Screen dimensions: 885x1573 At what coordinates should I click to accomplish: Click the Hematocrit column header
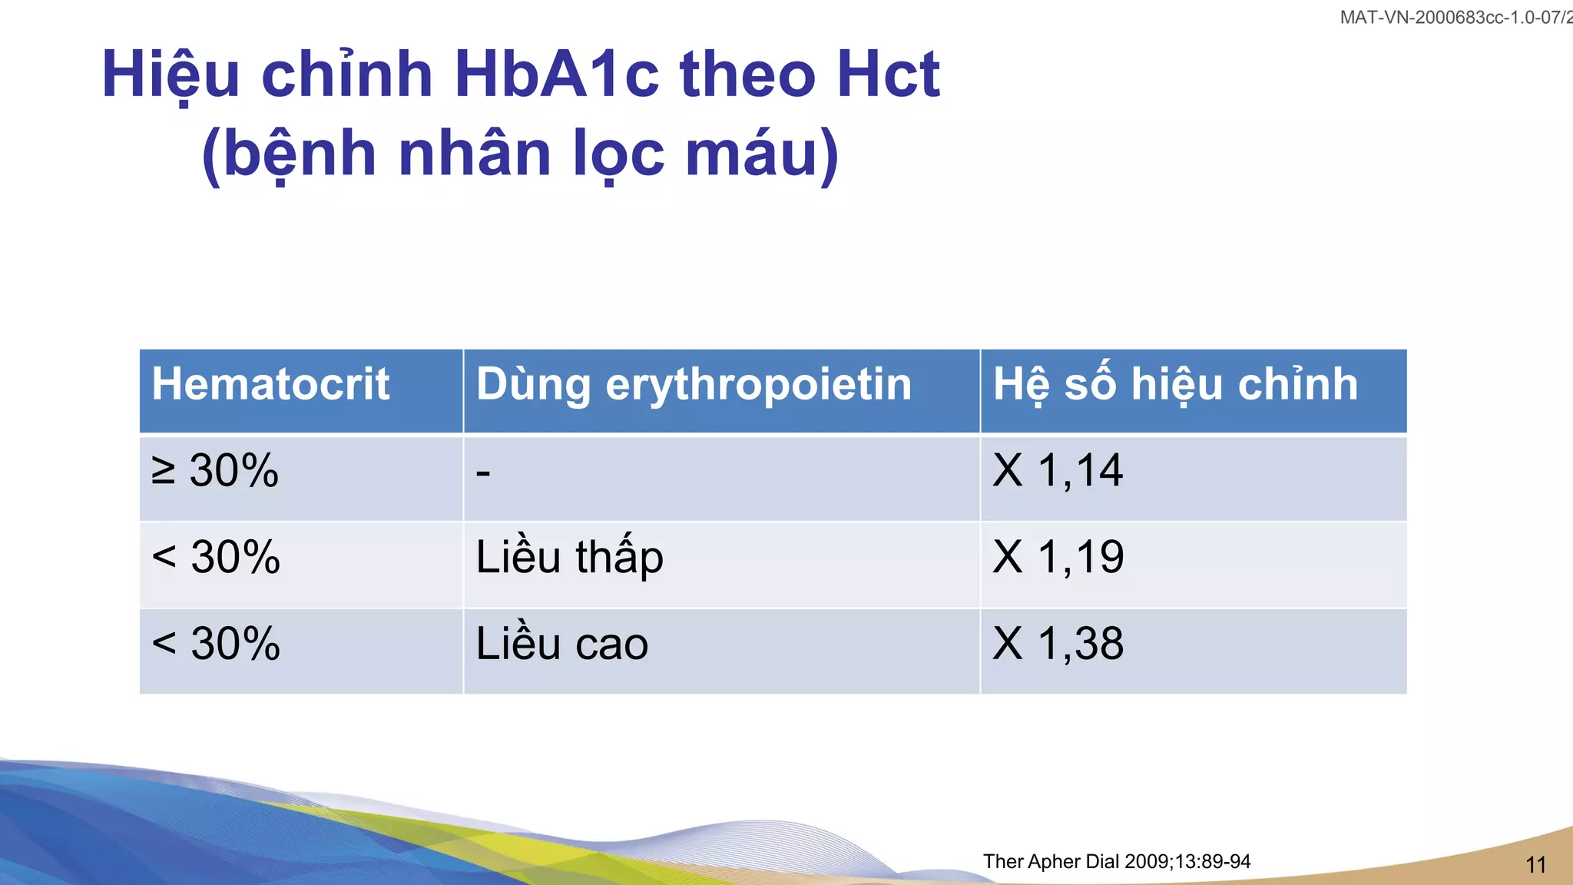[270, 384]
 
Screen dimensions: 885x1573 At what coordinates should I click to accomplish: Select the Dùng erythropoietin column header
[694, 384]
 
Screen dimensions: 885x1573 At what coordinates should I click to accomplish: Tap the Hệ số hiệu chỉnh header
[1175, 384]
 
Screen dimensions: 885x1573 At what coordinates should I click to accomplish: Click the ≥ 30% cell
[215, 470]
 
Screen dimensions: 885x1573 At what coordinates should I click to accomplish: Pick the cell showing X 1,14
[1058, 470]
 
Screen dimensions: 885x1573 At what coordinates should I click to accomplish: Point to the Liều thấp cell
[569, 557]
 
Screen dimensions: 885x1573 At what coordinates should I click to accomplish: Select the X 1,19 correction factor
[1058, 557]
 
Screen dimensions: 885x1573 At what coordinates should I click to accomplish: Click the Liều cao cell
[561, 644]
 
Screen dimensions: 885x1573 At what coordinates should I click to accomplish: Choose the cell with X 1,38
[1058, 644]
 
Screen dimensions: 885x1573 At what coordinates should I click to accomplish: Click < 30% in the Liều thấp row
[216, 557]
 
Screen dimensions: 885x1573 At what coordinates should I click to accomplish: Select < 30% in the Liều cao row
[216, 644]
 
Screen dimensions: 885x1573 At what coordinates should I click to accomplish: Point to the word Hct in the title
[888, 75]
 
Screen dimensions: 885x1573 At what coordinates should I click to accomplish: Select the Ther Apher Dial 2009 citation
[1116, 861]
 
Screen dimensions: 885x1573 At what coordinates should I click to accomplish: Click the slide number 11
[1535, 865]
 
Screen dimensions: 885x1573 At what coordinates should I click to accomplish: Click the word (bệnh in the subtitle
[289, 154]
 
